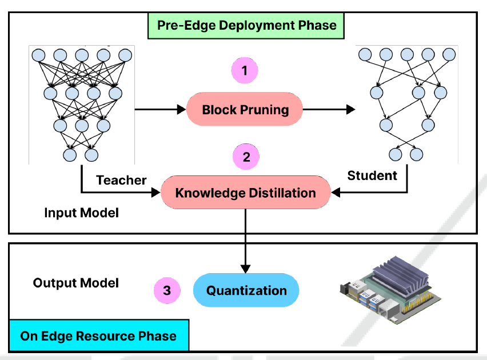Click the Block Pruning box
pyautogui.click(x=245, y=109)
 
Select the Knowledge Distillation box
pyautogui.click(x=245, y=193)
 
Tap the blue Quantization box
pyautogui.click(x=246, y=290)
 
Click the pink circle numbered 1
pyautogui.click(x=245, y=70)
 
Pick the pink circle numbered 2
pyautogui.click(x=246, y=157)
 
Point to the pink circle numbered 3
pyautogui.click(x=167, y=290)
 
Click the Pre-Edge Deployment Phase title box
pyautogui.click(x=246, y=26)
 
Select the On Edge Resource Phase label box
pyautogui.click(x=99, y=335)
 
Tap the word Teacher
pyautogui.click(x=121, y=180)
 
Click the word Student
pyautogui.click(x=372, y=175)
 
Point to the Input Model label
pyautogui.click(x=81, y=213)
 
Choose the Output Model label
pyautogui.click(x=76, y=283)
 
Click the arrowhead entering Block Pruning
pyautogui.click(x=181, y=109)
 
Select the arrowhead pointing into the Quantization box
pyautogui.click(x=245, y=269)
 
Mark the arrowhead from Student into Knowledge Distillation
pyautogui.click(x=336, y=193)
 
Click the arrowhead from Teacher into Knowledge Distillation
pyautogui.click(x=155, y=193)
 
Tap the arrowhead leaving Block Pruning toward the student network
pyautogui.click(x=351, y=109)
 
